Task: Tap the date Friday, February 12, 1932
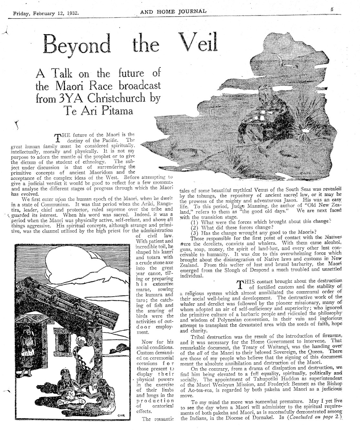[46, 14]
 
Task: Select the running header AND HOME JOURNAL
[173, 12]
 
